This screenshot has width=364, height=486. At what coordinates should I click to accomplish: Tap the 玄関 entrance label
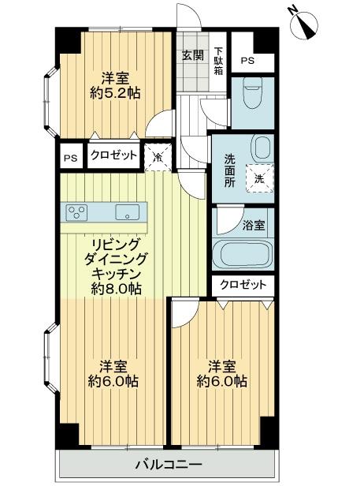tap(192, 55)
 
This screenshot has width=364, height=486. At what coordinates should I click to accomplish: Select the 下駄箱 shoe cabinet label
tap(218, 61)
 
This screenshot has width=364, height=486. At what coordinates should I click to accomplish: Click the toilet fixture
tap(253, 93)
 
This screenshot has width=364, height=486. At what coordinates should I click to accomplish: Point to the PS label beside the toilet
tap(247, 61)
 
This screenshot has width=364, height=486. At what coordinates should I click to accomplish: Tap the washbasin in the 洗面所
tap(261, 146)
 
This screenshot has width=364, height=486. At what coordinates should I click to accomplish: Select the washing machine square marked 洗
tap(259, 178)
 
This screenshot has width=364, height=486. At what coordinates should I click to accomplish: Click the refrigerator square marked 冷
tap(157, 155)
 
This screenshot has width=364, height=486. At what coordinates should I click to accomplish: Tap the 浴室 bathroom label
tap(253, 225)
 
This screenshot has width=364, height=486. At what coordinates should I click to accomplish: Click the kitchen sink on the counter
tap(127, 211)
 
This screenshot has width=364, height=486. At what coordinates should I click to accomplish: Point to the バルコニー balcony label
tap(168, 464)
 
